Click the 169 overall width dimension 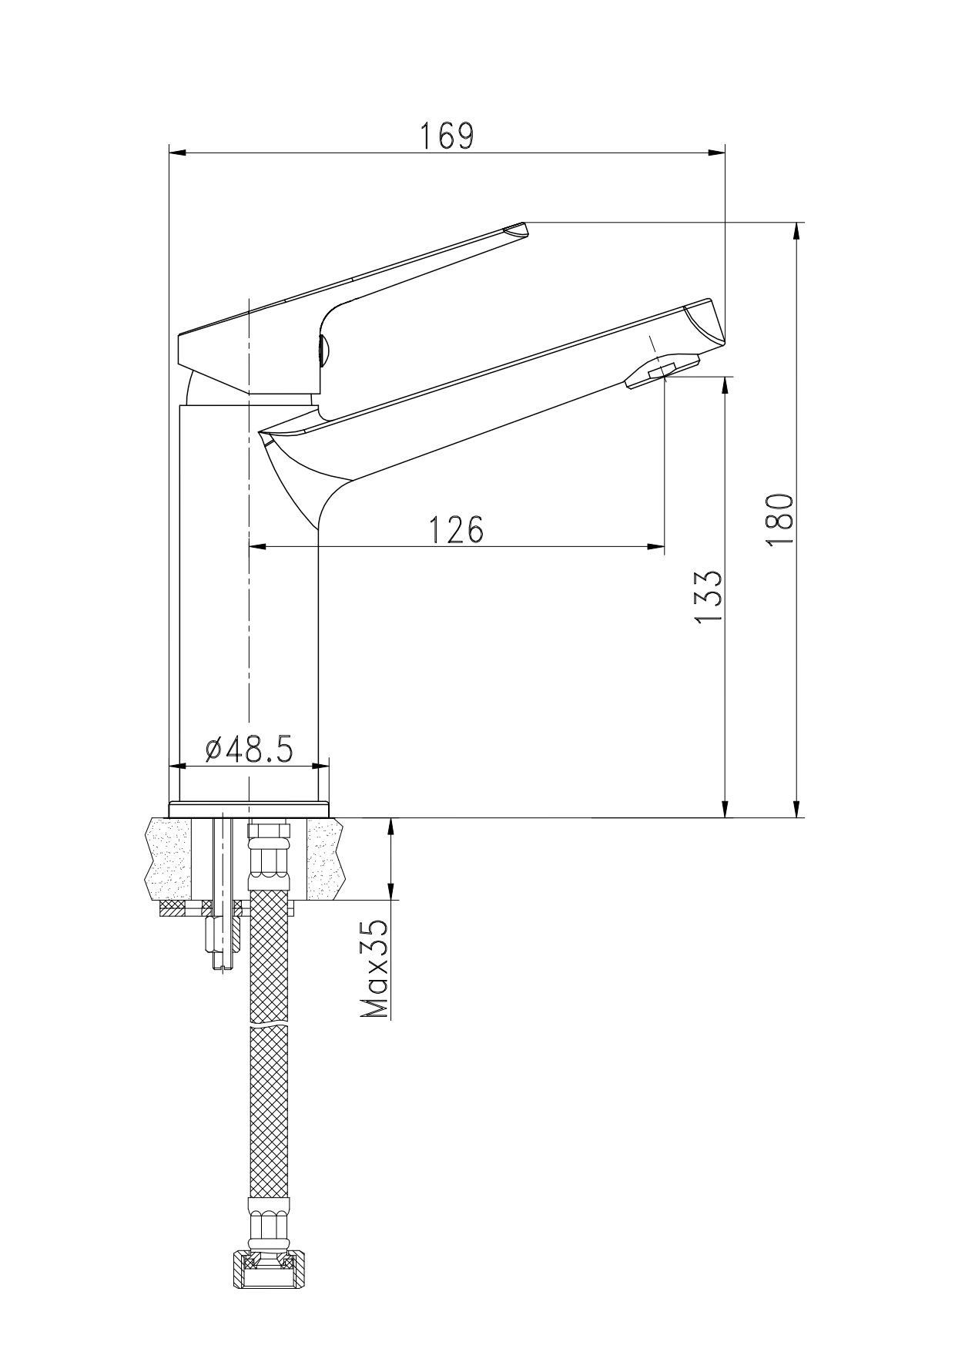point(447,136)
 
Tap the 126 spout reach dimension point(455,530)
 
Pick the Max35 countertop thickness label point(375,968)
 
